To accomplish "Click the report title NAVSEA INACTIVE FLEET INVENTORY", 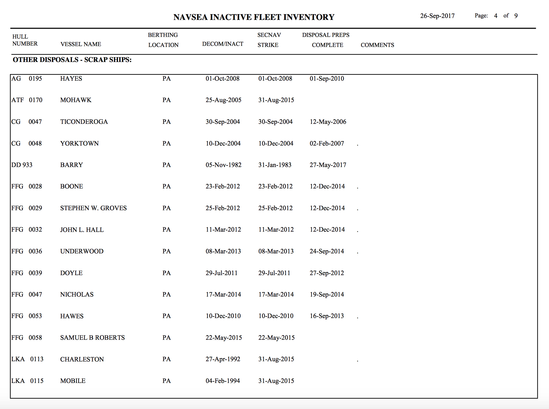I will pyautogui.click(x=254, y=17).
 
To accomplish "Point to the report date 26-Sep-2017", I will pyautogui.click(x=437, y=16).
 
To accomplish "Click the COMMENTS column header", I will pyautogui.click(x=377, y=45).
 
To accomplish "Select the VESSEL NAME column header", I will pyautogui.click(x=81, y=44).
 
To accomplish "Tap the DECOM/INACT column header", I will pyautogui.click(x=223, y=44).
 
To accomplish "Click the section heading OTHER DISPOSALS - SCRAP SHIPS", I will pyautogui.click(x=72, y=60).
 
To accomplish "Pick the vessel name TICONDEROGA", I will pyautogui.click(x=84, y=122).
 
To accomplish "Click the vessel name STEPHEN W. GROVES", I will pyautogui.click(x=93, y=208).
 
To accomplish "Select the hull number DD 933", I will pyautogui.click(x=22, y=165).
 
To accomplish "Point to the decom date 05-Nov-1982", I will pyautogui.click(x=223, y=165).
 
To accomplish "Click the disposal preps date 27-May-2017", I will pyautogui.click(x=328, y=165).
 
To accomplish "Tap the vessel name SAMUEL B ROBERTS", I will pyautogui.click(x=92, y=338).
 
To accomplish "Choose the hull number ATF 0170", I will pyautogui.click(x=27, y=100).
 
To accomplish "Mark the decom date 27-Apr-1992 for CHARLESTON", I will pyautogui.click(x=223, y=359).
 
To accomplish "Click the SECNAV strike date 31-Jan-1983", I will pyautogui.click(x=275, y=165).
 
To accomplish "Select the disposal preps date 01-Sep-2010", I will pyautogui.click(x=327, y=79).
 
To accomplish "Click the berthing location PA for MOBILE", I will pyautogui.click(x=167, y=381).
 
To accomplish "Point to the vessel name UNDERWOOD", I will pyautogui.click(x=82, y=251).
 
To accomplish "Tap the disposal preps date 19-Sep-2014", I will pyautogui.click(x=327, y=294).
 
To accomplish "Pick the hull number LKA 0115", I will pyautogui.click(x=27, y=381).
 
